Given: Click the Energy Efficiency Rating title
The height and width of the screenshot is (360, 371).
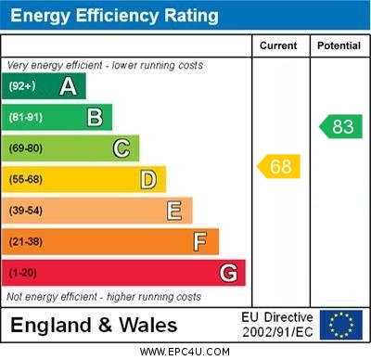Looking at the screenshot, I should (x=114, y=16).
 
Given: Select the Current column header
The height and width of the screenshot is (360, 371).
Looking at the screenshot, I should (x=278, y=45).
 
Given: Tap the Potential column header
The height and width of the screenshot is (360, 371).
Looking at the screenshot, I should (x=339, y=45).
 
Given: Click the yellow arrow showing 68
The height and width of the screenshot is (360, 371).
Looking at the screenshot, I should (x=278, y=167).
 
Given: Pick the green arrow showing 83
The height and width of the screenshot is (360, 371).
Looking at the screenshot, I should (x=340, y=126).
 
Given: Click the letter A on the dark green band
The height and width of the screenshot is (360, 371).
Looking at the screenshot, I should (x=68, y=87).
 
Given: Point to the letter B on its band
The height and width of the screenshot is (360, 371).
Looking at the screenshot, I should (x=95, y=118).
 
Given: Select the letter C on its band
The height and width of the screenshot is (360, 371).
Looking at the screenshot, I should (x=122, y=148).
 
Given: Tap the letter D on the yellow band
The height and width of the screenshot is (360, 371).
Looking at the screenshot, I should (x=148, y=179).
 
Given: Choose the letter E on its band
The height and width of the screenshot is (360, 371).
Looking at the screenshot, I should (x=174, y=211).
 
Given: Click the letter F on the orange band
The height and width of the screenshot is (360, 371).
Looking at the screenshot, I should (x=200, y=242).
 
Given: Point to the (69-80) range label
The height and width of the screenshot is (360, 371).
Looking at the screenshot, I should (x=26, y=148).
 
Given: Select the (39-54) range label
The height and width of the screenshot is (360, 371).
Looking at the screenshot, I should (x=26, y=211).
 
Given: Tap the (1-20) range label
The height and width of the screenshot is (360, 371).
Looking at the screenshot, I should (x=23, y=274).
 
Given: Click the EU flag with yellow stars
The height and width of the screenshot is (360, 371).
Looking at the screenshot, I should (x=341, y=325).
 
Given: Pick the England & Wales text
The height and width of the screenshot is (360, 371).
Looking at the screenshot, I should (x=94, y=325).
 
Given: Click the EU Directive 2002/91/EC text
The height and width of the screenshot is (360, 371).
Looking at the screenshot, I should (x=277, y=325).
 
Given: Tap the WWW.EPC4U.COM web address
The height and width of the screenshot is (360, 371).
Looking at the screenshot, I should (x=185, y=352).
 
